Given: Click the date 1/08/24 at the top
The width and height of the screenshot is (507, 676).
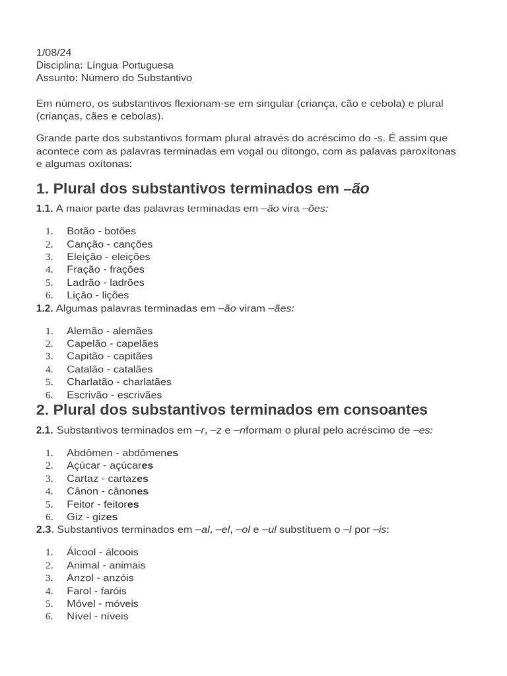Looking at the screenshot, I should [53, 53].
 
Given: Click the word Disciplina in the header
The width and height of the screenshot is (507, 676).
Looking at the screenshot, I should [59, 65].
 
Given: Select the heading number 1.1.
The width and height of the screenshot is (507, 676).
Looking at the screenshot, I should [44, 209].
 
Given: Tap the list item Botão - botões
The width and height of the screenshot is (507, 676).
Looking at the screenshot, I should [101, 231].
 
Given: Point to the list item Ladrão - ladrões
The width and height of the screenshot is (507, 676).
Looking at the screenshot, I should [105, 283].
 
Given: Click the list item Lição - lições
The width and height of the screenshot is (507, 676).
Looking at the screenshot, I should [98, 295].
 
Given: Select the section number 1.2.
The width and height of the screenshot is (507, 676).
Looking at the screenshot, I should [44, 308].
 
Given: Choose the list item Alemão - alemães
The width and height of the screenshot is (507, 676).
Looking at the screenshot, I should [109, 331].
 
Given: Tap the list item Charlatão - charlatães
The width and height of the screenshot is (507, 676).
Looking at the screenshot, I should [119, 382].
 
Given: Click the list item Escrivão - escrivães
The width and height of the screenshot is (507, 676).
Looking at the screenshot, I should [114, 395].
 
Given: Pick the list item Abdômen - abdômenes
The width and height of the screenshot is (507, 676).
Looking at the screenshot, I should [122, 453].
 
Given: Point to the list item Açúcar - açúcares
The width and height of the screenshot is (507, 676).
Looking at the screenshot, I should [110, 465].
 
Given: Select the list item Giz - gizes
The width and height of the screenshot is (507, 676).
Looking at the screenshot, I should [92, 517].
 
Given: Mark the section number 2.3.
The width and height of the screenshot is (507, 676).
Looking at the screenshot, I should [44, 529].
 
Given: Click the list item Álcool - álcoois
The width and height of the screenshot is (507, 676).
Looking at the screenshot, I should [102, 552].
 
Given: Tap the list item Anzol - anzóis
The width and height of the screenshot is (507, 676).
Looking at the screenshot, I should [100, 578].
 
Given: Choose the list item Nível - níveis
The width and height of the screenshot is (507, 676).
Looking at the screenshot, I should [97, 616].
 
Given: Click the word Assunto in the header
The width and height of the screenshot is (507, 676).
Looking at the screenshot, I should [56, 78].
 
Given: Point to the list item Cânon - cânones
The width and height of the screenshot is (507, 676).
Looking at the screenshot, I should [107, 491].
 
